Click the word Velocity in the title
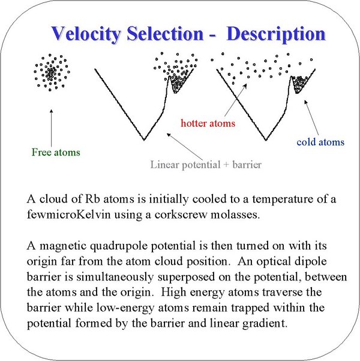click(86, 34)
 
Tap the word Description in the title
click(276, 34)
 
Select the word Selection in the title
click(165, 34)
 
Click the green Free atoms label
click(56, 152)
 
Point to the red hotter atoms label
click(208, 123)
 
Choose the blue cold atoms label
click(320, 142)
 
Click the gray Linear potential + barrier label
click(206, 165)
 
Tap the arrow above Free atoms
click(51, 128)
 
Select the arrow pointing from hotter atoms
click(236, 100)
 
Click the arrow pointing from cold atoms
click(311, 118)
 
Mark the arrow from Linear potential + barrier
click(185, 147)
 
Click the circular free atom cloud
click(52, 72)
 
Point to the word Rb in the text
click(92, 199)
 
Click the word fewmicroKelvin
click(69, 214)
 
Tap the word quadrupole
click(119, 246)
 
